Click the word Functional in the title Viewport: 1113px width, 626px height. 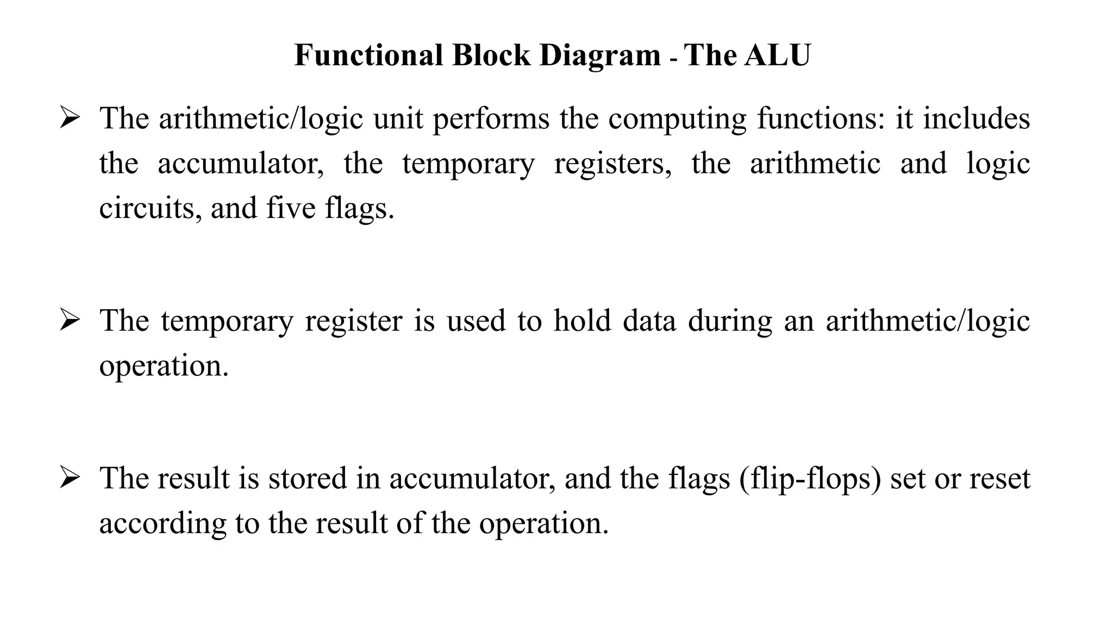(368, 55)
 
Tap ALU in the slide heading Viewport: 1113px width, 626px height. (778, 55)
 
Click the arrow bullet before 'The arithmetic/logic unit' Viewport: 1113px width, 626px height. (70, 118)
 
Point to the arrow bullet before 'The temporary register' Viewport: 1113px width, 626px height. (70, 321)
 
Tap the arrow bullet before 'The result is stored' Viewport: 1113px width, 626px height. (70, 478)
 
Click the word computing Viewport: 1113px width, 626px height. (678, 118)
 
